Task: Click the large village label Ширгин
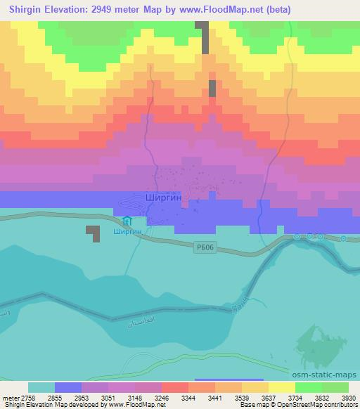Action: coord(163,199)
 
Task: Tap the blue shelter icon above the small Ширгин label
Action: coord(127,221)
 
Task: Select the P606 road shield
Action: coord(203,245)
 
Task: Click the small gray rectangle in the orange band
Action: coord(212,89)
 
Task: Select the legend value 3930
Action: coord(349,398)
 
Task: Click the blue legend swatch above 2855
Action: coord(68,387)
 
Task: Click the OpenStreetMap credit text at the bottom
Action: coord(317,405)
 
